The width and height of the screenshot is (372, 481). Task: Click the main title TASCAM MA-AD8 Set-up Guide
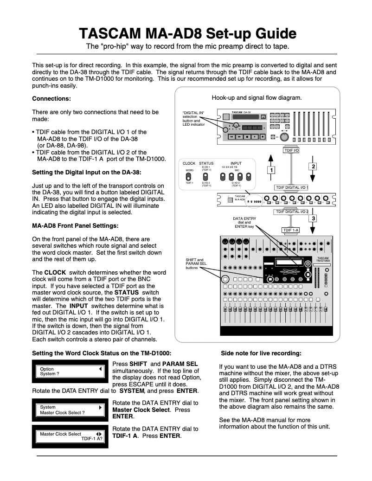coord(187,33)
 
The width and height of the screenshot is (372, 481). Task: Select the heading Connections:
coord(51,98)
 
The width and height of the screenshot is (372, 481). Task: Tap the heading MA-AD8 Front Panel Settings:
coord(75,226)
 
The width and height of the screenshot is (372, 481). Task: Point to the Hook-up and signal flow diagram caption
coord(257,97)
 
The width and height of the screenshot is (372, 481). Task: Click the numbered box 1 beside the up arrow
coord(270,170)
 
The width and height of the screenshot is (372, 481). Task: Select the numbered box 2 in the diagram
coord(313,166)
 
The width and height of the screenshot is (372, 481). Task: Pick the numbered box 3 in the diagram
coord(314,218)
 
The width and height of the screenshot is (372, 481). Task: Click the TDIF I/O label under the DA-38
coord(291,150)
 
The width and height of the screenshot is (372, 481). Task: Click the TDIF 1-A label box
coord(291,230)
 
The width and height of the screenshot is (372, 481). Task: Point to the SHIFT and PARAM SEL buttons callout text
coord(196,263)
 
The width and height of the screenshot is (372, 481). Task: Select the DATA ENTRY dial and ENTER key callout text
coord(244,222)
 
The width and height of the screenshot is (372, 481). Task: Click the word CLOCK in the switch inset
coord(189,164)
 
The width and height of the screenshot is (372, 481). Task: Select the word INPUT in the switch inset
coord(236,164)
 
